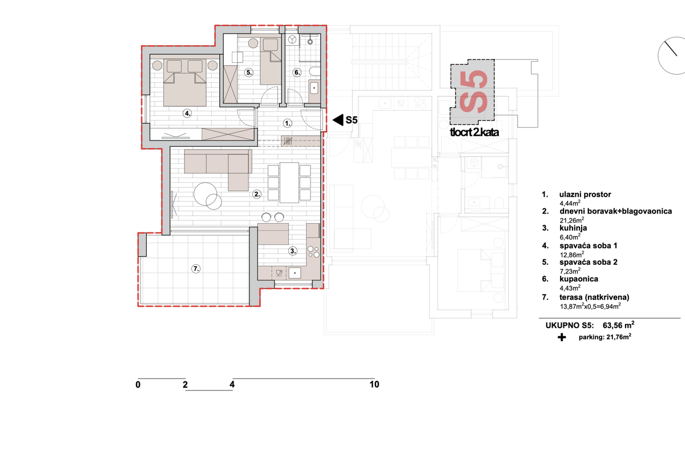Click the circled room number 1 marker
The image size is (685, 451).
[x=287, y=123]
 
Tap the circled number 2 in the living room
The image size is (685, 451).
[x=257, y=194]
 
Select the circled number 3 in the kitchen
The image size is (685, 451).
[x=293, y=251]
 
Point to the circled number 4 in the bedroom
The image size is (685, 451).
[x=187, y=114]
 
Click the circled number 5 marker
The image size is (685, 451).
[x=249, y=73]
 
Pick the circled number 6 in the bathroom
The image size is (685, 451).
[x=297, y=73]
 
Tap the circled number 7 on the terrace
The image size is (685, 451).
[x=196, y=269]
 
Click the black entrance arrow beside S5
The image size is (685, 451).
[x=338, y=120]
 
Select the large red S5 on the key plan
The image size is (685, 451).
[x=473, y=92]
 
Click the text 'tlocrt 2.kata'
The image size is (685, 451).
[x=474, y=132]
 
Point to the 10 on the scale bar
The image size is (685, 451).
[x=374, y=384]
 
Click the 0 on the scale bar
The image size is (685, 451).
[x=138, y=385]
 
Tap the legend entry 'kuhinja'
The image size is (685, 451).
[x=573, y=228]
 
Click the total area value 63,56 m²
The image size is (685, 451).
[x=618, y=325]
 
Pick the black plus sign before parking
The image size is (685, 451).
[x=562, y=337]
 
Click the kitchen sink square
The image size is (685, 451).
[x=295, y=273]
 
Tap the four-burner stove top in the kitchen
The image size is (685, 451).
[x=313, y=252]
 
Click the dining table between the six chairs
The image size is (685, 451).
[x=289, y=183]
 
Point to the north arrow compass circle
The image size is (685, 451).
[x=671, y=55]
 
